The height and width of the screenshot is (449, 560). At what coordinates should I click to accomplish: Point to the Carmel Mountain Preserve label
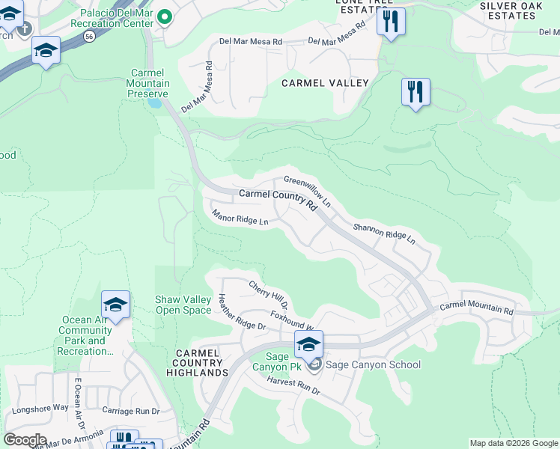149,83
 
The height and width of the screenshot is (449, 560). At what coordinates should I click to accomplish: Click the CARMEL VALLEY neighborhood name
325,83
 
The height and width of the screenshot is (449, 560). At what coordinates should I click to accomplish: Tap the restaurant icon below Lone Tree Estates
390,22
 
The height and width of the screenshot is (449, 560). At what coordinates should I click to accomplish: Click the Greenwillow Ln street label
307,191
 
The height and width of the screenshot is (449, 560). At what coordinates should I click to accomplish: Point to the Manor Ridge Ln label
240,219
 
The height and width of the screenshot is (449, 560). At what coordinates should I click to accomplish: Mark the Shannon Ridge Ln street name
383,233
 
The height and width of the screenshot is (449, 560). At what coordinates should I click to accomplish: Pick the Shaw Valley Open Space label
183,305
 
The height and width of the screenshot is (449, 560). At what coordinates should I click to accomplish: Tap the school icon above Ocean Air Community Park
115,305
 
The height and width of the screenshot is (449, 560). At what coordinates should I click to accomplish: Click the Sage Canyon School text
374,365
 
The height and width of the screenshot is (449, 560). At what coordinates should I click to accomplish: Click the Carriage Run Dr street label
131,411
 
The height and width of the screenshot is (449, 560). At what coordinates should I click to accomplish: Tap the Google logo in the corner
24,440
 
